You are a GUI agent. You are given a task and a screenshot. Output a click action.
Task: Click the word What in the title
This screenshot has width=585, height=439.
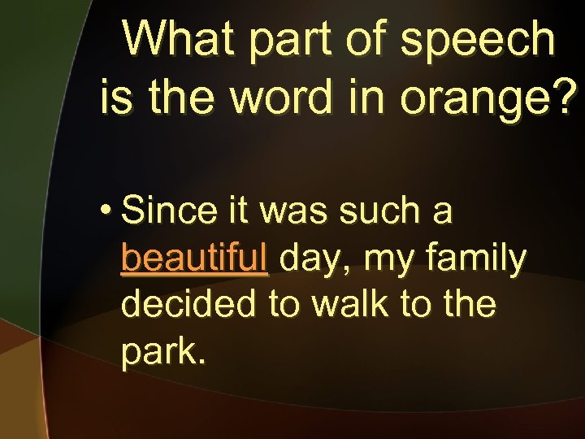coord(178,38)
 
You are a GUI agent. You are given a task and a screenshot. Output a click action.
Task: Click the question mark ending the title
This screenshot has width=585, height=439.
coord(568,96)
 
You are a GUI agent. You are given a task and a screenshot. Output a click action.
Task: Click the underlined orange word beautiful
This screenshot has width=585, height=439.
coord(194,259)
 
